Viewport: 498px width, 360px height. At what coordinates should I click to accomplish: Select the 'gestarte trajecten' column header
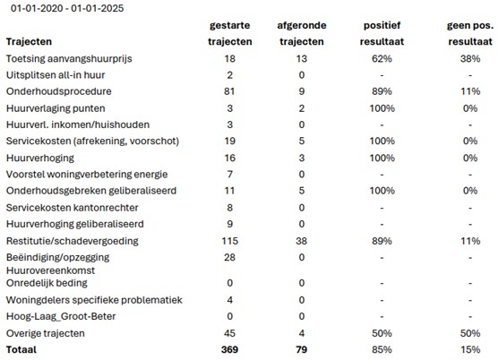pos(229,33)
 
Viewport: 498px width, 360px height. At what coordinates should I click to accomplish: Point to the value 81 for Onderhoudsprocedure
pos(230,91)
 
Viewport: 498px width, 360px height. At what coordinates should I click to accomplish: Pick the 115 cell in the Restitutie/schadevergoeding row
pos(230,241)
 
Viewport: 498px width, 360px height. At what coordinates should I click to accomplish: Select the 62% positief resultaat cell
pos(383,58)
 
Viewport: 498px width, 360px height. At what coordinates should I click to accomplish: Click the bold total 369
pos(230,349)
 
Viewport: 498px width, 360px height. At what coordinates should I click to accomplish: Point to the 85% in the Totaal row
pos(383,349)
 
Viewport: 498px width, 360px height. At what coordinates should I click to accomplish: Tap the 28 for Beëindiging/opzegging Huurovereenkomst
pos(230,257)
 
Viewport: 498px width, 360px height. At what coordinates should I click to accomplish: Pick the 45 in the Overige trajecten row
pos(230,333)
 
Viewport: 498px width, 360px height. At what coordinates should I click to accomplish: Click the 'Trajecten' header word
pos(29,41)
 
